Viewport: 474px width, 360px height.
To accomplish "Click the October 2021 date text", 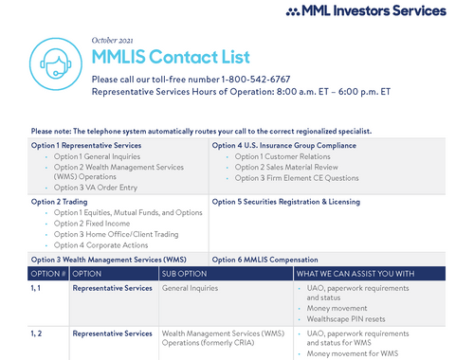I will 114,40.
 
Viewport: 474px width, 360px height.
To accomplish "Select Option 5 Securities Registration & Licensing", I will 284,202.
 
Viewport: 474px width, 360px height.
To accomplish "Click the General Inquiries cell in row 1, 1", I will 190,287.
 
